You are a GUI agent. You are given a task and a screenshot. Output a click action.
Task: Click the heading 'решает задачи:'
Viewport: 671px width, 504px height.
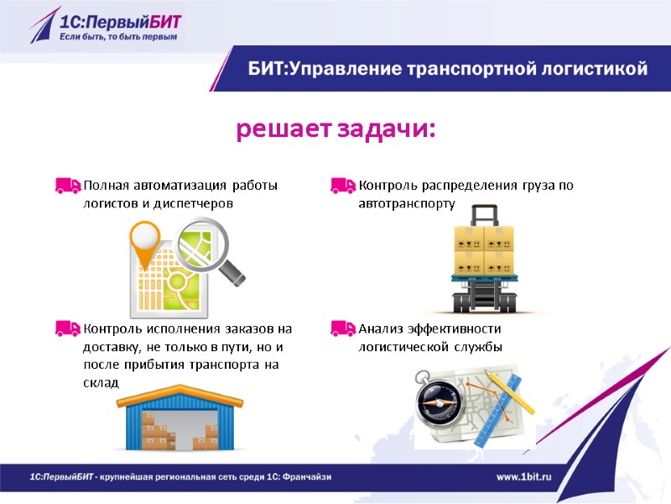[335, 131]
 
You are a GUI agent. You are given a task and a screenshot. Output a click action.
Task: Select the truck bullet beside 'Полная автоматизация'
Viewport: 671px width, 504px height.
[68, 186]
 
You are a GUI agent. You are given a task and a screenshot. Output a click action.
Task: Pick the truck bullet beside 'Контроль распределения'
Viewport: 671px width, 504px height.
[342, 186]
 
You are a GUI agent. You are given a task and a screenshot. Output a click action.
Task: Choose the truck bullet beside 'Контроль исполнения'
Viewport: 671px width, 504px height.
[68, 328]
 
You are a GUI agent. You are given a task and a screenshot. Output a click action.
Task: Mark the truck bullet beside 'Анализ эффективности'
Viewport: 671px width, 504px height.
[342, 328]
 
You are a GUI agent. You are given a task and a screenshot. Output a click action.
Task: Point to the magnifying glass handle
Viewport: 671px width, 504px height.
[234, 273]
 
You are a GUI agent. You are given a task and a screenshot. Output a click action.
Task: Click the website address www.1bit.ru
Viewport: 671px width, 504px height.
[528, 477]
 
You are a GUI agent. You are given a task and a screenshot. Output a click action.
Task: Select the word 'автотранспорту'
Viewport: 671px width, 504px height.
[406, 203]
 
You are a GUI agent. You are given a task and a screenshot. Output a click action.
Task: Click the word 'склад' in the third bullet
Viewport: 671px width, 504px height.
[101, 382]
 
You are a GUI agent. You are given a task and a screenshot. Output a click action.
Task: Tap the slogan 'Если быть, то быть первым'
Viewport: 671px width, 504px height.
[117, 37]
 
